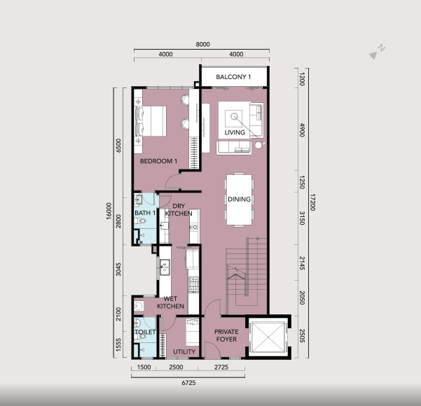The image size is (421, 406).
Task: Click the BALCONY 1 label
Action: tap(233, 77)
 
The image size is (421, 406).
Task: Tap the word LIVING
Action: tap(235, 132)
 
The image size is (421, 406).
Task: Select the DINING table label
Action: tap(239, 199)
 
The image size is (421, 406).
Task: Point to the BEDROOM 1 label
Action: tap(158, 161)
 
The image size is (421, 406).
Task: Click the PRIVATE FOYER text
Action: tap(226, 335)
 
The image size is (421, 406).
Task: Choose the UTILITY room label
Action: tap(184, 351)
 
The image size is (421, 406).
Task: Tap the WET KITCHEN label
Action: tap(170, 302)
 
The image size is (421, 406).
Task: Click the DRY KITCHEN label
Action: tap(179, 209)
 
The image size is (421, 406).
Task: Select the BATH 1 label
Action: tap(145, 213)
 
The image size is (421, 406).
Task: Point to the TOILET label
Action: tap(145, 332)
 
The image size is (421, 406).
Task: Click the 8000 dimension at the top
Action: tap(202, 44)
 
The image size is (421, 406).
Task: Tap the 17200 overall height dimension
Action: tap(313, 202)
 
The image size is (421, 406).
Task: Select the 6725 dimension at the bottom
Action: tap(188, 383)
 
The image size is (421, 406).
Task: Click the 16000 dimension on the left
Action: tap(109, 211)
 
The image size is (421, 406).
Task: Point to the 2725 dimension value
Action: tap(221, 367)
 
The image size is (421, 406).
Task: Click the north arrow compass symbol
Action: tap(378, 52)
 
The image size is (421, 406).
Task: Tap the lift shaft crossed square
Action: tap(268, 337)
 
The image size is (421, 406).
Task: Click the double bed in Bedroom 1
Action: tap(151, 121)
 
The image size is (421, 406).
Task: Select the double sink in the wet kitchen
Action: tap(165, 267)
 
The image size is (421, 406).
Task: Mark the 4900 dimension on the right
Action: tap(303, 130)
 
